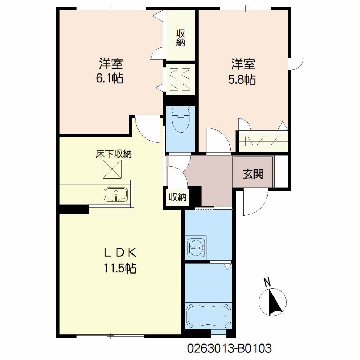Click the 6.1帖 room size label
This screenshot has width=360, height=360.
(x=110, y=78)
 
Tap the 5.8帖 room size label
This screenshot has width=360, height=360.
(x=242, y=79)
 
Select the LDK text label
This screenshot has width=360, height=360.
(x=120, y=252)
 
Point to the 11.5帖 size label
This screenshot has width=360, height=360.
(x=120, y=268)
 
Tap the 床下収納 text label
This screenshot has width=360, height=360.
(x=114, y=154)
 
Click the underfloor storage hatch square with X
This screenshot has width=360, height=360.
(x=112, y=169)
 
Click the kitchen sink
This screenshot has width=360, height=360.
(x=116, y=195)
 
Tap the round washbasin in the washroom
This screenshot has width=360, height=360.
(x=196, y=248)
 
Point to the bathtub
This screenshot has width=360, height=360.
(x=208, y=316)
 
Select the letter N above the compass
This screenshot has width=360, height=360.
(x=267, y=282)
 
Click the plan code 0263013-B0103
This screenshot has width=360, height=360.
(x=230, y=348)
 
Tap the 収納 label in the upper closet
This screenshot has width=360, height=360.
(x=181, y=38)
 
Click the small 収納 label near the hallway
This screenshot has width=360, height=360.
(x=178, y=197)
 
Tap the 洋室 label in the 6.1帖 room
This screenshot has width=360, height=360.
(x=111, y=63)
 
